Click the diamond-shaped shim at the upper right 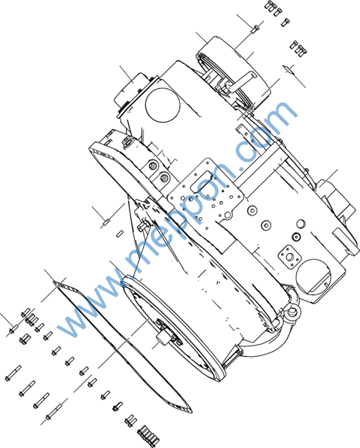point(288,69)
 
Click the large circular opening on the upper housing point(163,105)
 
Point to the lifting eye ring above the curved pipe point(292,312)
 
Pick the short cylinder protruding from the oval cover point(162,338)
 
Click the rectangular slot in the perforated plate point(201,180)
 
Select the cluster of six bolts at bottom point(148,435)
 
